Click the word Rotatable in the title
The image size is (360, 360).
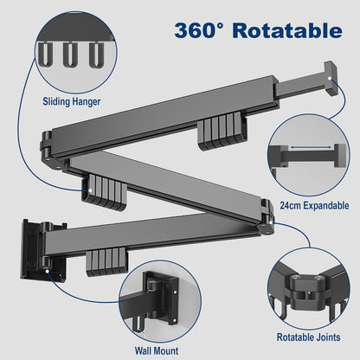pyautogui.click(x=287, y=30)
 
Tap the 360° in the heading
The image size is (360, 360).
pyautogui.click(x=198, y=30)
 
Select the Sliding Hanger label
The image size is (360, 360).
pyautogui.click(x=72, y=101)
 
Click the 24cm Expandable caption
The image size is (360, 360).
pyautogui.click(x=314, y=206)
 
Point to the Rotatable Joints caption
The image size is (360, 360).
pyautogui.click(x=308, y=337)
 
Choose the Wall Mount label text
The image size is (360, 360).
pyautogui.click(x=157, y=351)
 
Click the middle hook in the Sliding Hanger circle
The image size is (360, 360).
pyautogui.click(x=70, y=55)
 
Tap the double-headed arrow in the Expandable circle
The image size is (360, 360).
pyautogui.click(x=311, y=147)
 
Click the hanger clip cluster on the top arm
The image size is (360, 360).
pyautogui.click(x=222, y=132)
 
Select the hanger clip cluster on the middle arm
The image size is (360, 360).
pyautogui.click(x=104, y=191)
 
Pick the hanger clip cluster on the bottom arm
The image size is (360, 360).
pyautogui.click(x=106, y=262)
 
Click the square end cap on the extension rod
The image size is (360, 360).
pyautogui.click(x=331, y=78)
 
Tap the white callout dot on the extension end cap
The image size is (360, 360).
pyautogui.click(x=330, y=78)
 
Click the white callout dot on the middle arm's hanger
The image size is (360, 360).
pyautogui.click(x=90, y=190)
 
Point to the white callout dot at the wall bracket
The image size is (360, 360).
pyautogui.click(x=47, y=271)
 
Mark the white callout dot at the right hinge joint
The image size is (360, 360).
pyautogui.click(x=273, y=222)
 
